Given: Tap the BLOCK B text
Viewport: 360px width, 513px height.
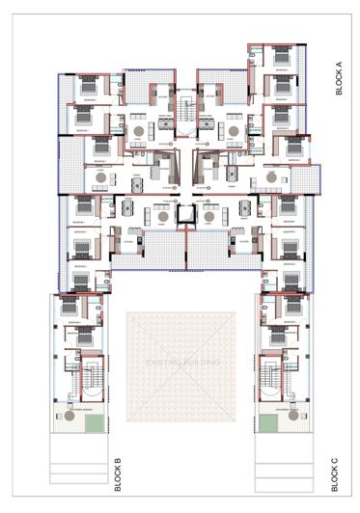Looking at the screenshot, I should (117, 475).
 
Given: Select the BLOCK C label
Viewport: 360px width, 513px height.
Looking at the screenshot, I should (333, 475).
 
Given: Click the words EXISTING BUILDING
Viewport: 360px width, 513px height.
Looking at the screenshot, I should (181, 363).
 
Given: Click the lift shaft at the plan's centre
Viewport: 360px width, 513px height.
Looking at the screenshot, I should (180, 214).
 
